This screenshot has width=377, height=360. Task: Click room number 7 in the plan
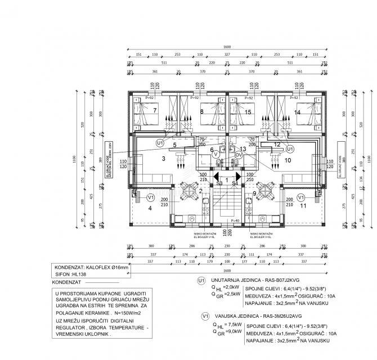(x=154, y=110)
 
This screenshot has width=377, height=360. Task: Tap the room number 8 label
(x=201, y=112)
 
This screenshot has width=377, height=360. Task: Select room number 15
(x=249, y=112)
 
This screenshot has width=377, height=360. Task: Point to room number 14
(x=297, y=112)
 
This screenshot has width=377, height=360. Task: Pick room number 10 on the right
(x=288, y=160)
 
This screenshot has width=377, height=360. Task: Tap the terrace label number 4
(x=150, y=209)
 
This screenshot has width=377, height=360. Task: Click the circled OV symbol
(x=238, y=154)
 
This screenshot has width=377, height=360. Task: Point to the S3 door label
(x=218, y=183)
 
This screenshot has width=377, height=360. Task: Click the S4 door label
(x=235, y=183)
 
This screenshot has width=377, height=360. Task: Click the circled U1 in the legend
(x=201, y=280)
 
